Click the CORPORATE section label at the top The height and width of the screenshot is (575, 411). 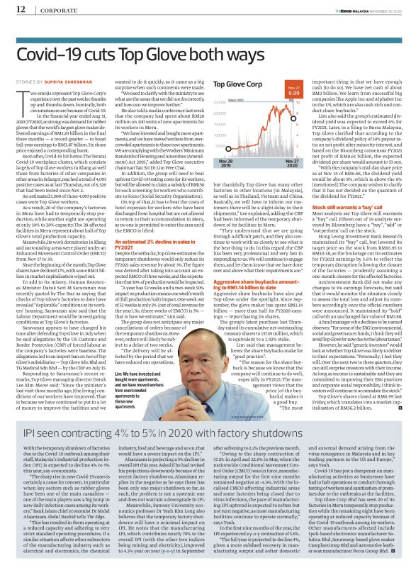tap(58, 9)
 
